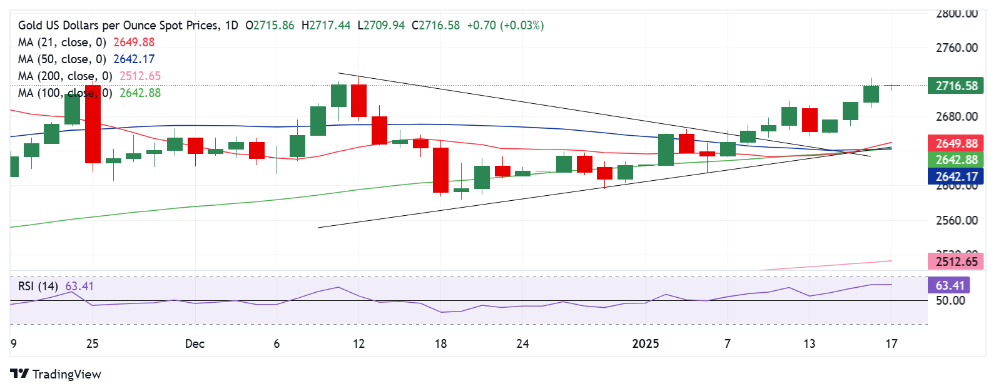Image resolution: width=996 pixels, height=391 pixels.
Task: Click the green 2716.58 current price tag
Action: (x=956, y=86)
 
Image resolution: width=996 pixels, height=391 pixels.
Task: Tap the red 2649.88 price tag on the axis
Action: (x=956, y=143)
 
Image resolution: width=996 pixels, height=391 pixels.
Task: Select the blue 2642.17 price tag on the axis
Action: (x=956, y=176)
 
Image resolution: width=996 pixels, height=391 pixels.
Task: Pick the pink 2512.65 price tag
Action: (x=956, y=262)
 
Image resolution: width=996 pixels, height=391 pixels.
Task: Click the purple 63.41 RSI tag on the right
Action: (x=950, y=286)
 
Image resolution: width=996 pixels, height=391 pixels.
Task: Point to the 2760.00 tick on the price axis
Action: (x=956, y=48)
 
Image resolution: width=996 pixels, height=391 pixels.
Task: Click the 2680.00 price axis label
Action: (x=956, y=116)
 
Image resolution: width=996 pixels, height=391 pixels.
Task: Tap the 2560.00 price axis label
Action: (x=956, y=220)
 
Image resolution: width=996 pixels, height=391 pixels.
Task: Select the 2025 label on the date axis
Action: (x=646, y=343)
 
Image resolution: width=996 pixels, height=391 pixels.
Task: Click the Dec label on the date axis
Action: (x=195, y=343)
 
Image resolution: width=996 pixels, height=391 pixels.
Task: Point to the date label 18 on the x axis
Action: (x=440, y=343)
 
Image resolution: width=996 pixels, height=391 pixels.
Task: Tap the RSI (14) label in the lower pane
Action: (x=38, y=287)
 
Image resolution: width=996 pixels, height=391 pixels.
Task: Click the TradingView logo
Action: (x=56, y=374)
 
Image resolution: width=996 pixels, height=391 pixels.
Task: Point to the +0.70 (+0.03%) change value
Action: (x=506, y=26)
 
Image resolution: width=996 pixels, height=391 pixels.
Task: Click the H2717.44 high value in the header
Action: (x=326, y=26)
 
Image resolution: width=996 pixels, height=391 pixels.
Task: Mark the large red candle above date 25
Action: (x=93, y=124)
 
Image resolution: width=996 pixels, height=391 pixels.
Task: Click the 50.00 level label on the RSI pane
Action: (x=950, y=301)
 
